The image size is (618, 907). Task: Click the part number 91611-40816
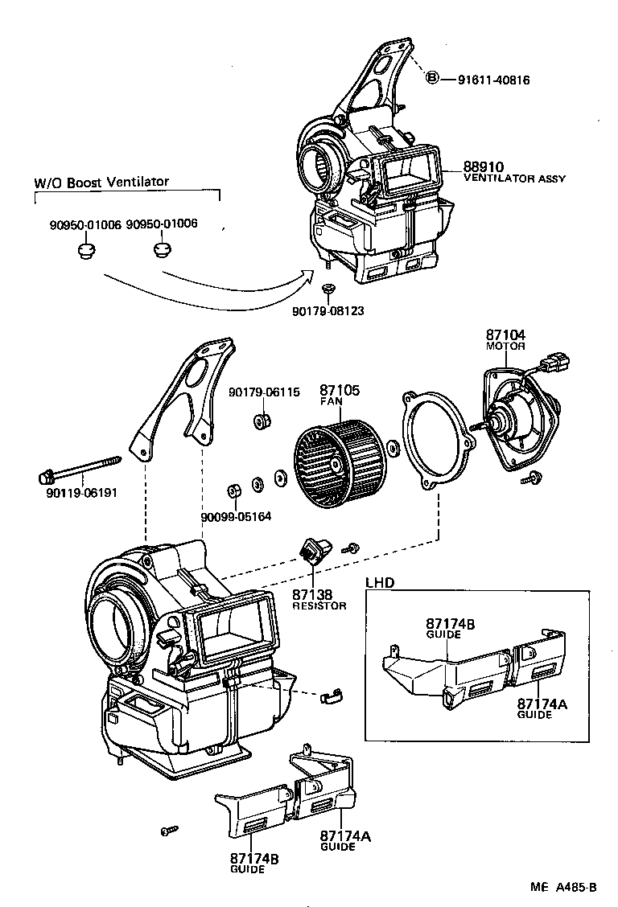pos(494,80)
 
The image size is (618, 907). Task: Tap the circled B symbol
pos(432,79)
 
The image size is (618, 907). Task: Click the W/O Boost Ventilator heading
pos(101,182)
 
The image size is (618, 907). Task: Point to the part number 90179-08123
pos(328,310)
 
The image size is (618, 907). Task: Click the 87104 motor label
pos(505,339)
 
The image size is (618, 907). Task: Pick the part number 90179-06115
pos(264,392)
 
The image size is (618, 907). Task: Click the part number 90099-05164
pos(236,516)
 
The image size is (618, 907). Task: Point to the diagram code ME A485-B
pos(562,888)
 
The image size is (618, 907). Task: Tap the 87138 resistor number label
pos(312,595)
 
